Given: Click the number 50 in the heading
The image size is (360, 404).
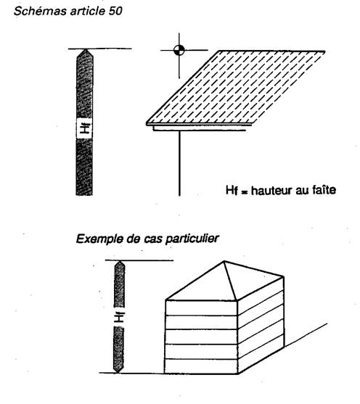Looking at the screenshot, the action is (115, 11).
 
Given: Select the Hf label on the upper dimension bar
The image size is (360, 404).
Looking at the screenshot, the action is (85, 128).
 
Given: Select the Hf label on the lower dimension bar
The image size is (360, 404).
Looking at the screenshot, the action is (119, 317).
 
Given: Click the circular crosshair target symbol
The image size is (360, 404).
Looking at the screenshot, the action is (179, 50).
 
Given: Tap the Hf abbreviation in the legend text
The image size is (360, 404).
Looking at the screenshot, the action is (232, 191).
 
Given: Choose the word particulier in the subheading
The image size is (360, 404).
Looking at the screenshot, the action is (192, 239).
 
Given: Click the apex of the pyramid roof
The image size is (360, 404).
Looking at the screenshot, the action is (224, 262).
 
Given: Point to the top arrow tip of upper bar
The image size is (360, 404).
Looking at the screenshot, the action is (85, 49).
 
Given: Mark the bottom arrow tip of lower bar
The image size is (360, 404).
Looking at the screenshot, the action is (118, 372).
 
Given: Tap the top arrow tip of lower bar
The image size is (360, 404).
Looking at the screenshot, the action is (120, 262).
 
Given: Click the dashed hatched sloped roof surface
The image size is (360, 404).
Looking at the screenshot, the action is (236, 87).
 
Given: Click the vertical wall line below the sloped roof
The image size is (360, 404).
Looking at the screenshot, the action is (179, 163).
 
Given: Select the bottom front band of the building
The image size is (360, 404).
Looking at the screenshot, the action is (201, 366).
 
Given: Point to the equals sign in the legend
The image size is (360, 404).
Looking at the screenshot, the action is (244, 192).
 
